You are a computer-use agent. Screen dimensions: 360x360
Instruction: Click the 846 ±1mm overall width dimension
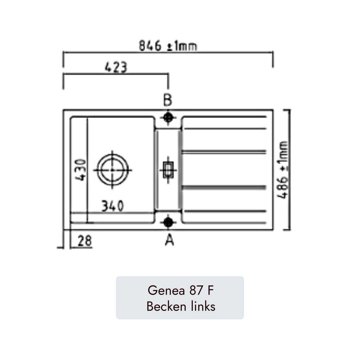point(168,46)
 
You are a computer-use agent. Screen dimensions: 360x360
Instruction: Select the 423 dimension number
point(116,67)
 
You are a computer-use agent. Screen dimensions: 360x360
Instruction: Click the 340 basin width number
point(112,206)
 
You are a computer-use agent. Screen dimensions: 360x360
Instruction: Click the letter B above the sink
point(168,100)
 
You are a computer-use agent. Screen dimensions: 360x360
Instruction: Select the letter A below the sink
point(169,240)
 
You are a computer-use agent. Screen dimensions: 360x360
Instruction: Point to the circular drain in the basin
point(113,170)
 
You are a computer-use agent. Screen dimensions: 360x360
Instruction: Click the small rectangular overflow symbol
point(168,170)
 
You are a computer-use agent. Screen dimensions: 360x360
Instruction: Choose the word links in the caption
point(203,306)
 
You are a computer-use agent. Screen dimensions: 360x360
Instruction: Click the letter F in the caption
point(210,290)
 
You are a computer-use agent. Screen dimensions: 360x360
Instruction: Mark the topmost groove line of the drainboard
point(224,117)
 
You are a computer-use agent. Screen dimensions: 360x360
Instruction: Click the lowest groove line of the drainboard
point(224,211)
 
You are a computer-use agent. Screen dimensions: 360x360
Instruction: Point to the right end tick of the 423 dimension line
point(168,82)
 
